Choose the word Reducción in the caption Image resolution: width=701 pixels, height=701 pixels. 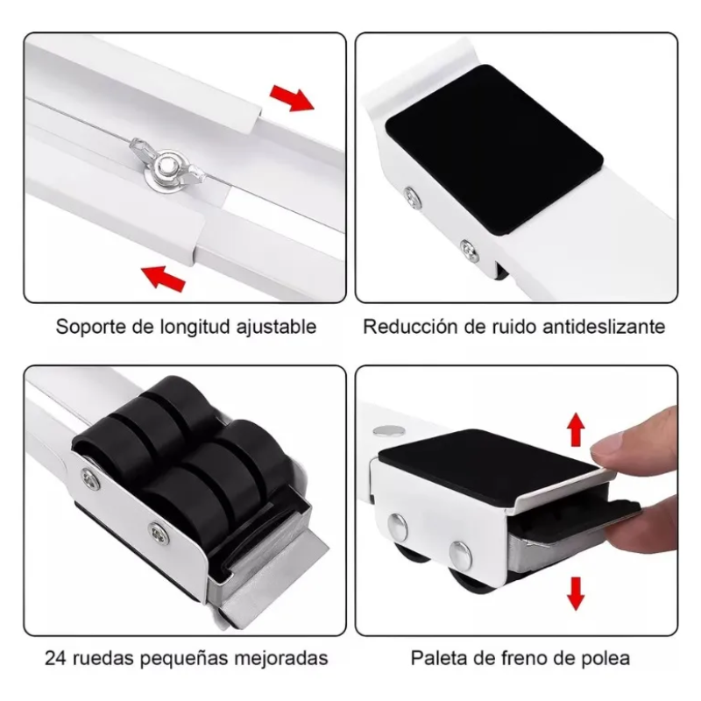coord(406,328)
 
